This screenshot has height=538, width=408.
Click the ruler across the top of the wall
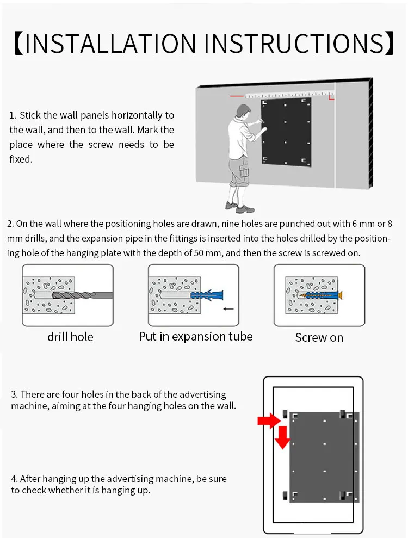tap(288, 95)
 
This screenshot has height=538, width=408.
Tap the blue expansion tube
tap(204, 295)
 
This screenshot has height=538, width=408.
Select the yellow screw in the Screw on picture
tap(321, 295)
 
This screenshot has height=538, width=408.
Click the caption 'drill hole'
tap(70, 337)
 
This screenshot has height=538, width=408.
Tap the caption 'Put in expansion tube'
tap(196, 336)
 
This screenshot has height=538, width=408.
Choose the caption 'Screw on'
tap(319, 338)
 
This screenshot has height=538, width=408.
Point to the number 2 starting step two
tap(10, 224)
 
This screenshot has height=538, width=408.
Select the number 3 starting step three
tap(14, 394)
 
